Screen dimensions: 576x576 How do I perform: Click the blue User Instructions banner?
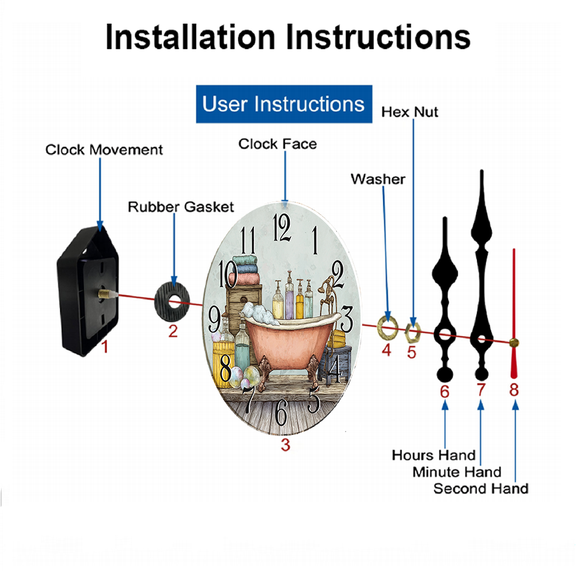pos(284,104)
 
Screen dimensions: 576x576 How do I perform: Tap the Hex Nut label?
pos(410,112)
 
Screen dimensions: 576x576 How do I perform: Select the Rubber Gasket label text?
pos(181,207)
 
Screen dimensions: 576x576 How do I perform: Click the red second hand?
pos(514,312)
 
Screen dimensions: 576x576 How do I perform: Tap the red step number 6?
pos(445,392)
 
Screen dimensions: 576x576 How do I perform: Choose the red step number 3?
pos(286,445)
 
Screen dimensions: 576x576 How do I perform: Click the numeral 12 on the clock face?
pos(282,228)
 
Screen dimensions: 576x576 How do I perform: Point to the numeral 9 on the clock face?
pos(214,319)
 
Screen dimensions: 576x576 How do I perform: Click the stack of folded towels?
pos(244,270)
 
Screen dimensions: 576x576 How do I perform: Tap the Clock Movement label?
pos(104,150)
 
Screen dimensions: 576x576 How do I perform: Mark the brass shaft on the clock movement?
pos(105,294)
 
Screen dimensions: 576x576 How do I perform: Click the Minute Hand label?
pos(457,472)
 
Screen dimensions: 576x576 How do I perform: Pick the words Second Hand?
pos(481,488)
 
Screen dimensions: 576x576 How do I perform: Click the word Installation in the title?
pos(190,37)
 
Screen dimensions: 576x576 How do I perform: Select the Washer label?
pos(378,179)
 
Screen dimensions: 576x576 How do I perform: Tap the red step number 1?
pos(105,346)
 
